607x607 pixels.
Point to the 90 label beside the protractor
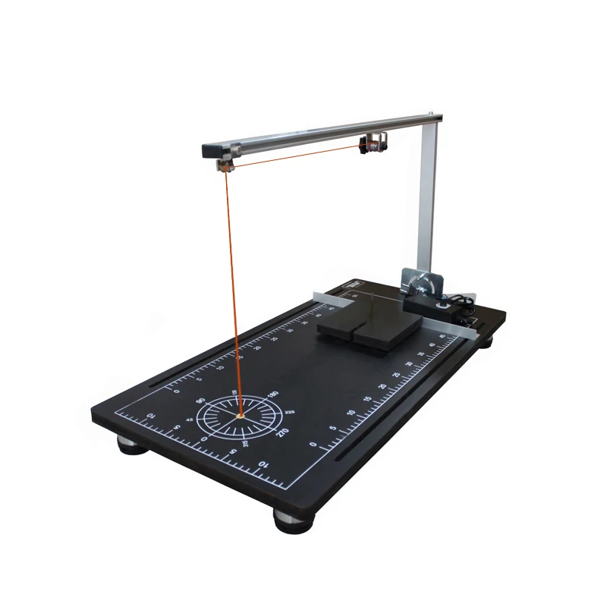(x=201, y=400)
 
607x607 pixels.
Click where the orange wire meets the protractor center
(x=240, y=416)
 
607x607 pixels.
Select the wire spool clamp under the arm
(x=371, y=143)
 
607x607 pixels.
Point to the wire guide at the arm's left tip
(x=223, y=163)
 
